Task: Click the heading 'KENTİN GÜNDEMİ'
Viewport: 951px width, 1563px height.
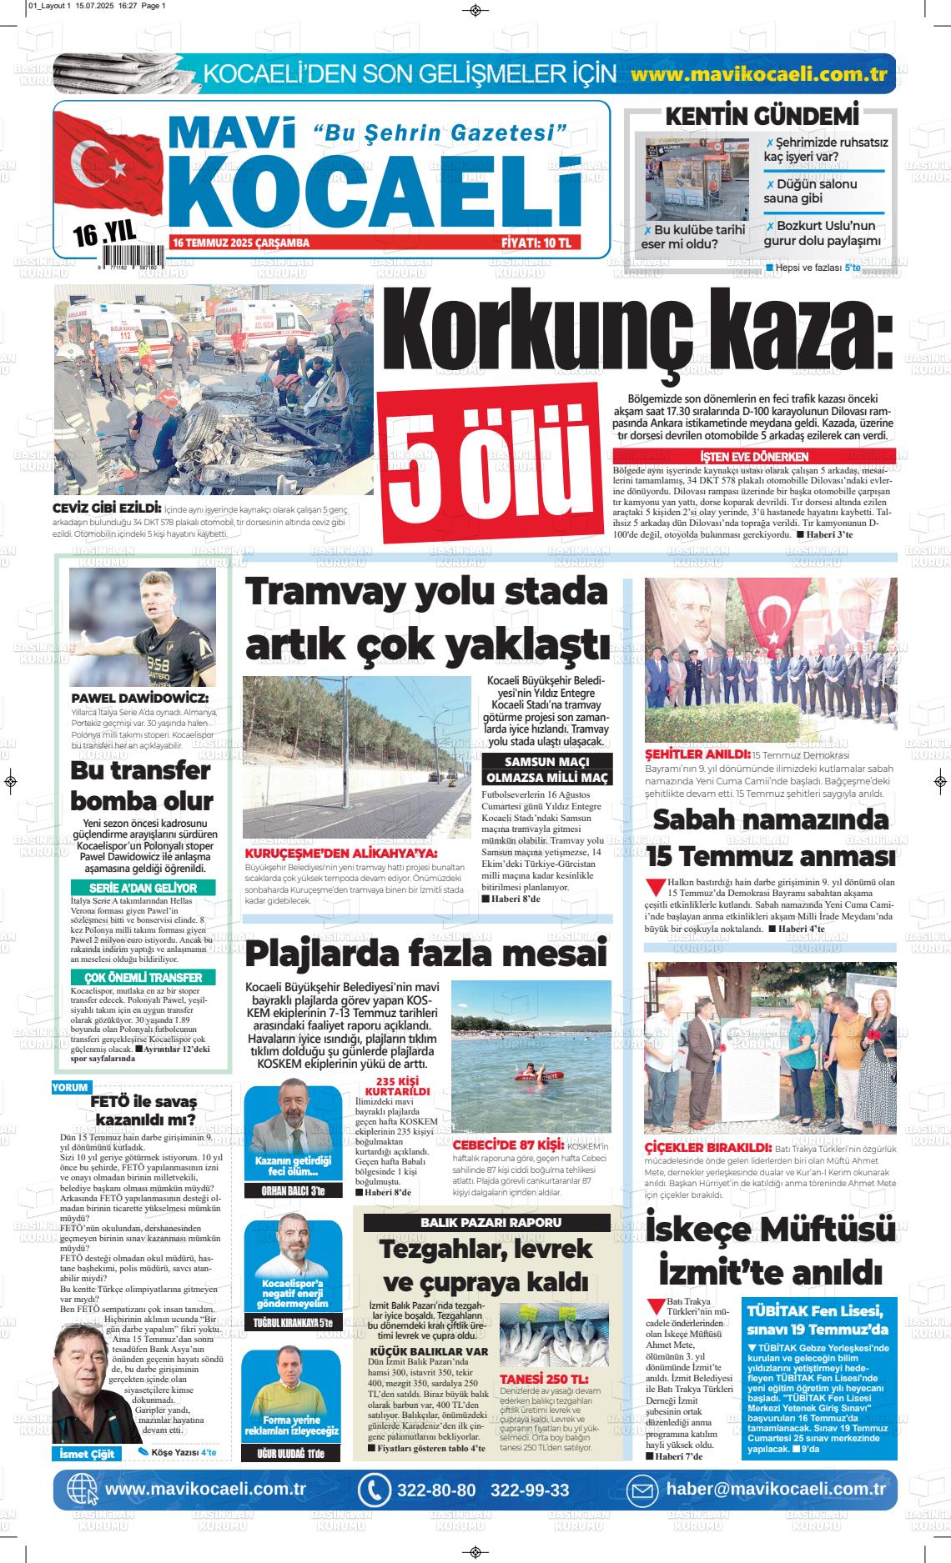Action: point(762,116)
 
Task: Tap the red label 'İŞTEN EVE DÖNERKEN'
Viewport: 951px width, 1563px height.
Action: point(754,457)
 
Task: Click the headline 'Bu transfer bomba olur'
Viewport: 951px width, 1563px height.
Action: point(142,784)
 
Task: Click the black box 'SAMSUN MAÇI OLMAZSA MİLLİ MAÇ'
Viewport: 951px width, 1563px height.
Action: point(547,769)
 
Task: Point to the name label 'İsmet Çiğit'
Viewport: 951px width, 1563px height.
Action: point(87,1454)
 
